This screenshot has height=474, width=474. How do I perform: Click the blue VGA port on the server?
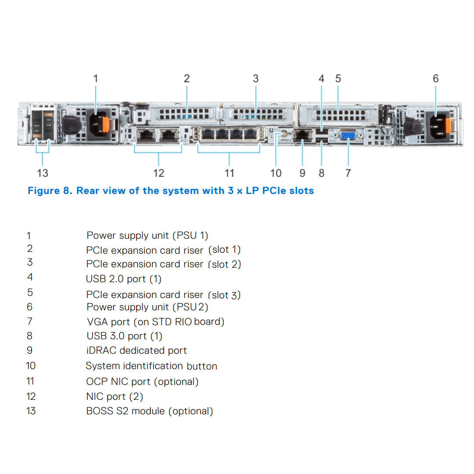[x=348, y=136]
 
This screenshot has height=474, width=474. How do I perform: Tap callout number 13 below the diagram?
[x=43, y=173]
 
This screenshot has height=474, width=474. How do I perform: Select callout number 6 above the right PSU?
[x=435, y=79]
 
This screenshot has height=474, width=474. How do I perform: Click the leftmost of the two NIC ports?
[x=145, y=135]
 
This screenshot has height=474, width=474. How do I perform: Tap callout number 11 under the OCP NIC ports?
[x=230, y=173]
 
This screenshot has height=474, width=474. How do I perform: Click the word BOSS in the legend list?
[x=100, y=411]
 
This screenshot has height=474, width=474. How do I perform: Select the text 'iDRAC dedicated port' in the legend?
[x=136, y=351]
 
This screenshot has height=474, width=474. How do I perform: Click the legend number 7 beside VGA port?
[x=29, y=321]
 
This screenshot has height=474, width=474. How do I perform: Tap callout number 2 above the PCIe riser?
[x=187, y=79]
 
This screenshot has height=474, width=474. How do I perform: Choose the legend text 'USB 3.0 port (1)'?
[x=124, y=336]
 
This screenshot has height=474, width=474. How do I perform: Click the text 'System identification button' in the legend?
[x=151, y=366]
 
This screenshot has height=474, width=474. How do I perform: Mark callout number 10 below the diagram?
[x=276, y=173]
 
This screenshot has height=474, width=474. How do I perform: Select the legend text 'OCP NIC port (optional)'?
[x=142, y=382]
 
